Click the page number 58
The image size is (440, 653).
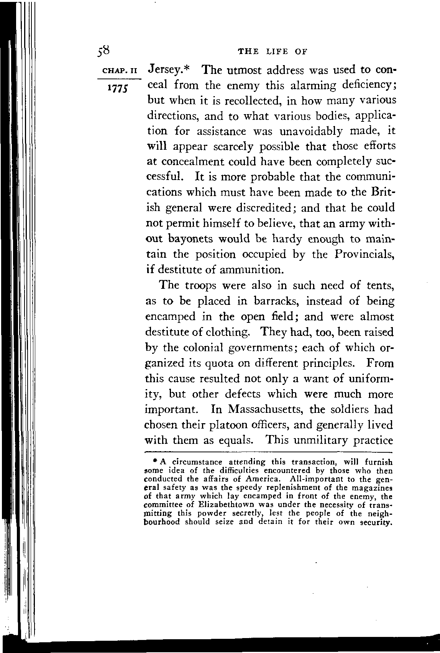click(104, 51)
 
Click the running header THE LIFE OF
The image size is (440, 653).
click(273, 51)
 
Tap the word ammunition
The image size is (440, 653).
click(251, 270)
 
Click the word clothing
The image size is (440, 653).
click(229, 332)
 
